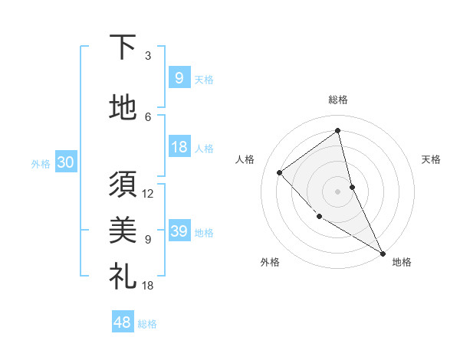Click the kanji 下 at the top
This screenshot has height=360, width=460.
[x=123, y=48]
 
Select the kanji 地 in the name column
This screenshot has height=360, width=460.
[x=123, y=107]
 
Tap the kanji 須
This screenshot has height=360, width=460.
[x=123, y=184]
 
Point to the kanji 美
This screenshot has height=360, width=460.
[x=123, y=227]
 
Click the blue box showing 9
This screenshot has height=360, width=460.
[x=179, y=77]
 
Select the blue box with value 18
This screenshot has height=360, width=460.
[x=179, y=147]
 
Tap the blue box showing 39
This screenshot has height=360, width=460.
[x=179, y=231]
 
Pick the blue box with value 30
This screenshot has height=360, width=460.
[x=65, y=162]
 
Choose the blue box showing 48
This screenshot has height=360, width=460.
[x=123, y=322]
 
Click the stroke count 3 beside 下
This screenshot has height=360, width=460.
[x=147, y=56]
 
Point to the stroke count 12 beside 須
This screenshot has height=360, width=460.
[x=148, y=194]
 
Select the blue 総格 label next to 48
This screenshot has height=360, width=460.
[x=147, y=324]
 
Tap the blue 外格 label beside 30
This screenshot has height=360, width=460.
[x=41, y=163]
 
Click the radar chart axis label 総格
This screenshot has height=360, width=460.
[x=337, y=100]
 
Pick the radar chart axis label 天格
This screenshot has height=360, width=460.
[x=431, y=159]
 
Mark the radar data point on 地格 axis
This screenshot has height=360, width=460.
[x=383, y=252]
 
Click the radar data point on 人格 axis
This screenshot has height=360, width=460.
[x=280, y=172]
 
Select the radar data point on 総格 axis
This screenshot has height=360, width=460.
[x=337, y=131]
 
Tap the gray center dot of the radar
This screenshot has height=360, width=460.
[x=337, y=191]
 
